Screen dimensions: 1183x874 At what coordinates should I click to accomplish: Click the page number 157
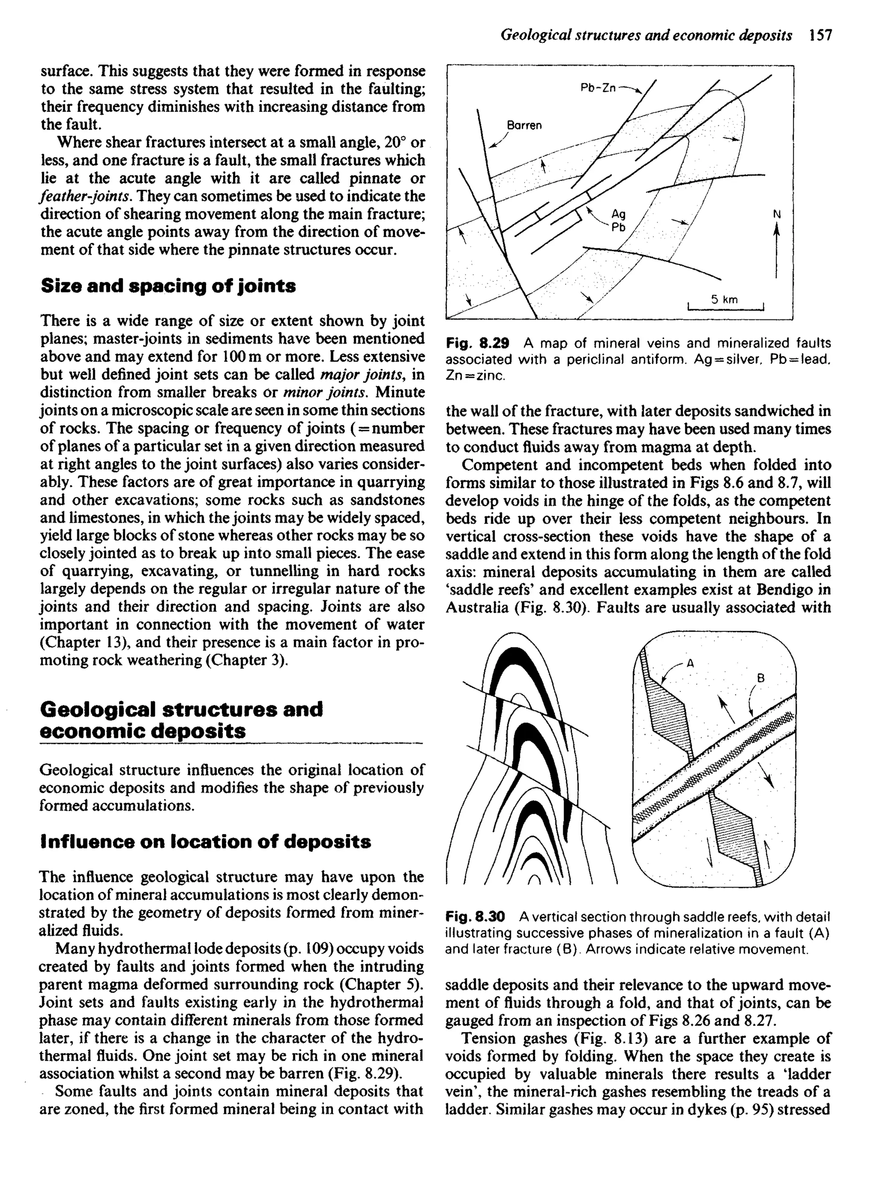tap(821, 35)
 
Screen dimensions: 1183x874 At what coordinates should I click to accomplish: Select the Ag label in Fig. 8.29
tap(618, 214)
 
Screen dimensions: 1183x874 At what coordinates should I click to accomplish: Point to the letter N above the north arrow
tap(777, 214)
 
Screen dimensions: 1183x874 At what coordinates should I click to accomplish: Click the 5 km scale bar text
tap(724, 299)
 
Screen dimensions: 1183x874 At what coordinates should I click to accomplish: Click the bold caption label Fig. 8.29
tap(477, 343)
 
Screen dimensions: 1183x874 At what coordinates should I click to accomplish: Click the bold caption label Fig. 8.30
tap(475, 916)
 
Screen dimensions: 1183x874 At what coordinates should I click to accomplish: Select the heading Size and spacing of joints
tap(168, 287)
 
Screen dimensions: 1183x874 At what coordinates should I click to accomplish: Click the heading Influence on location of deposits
tap(205, 842)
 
